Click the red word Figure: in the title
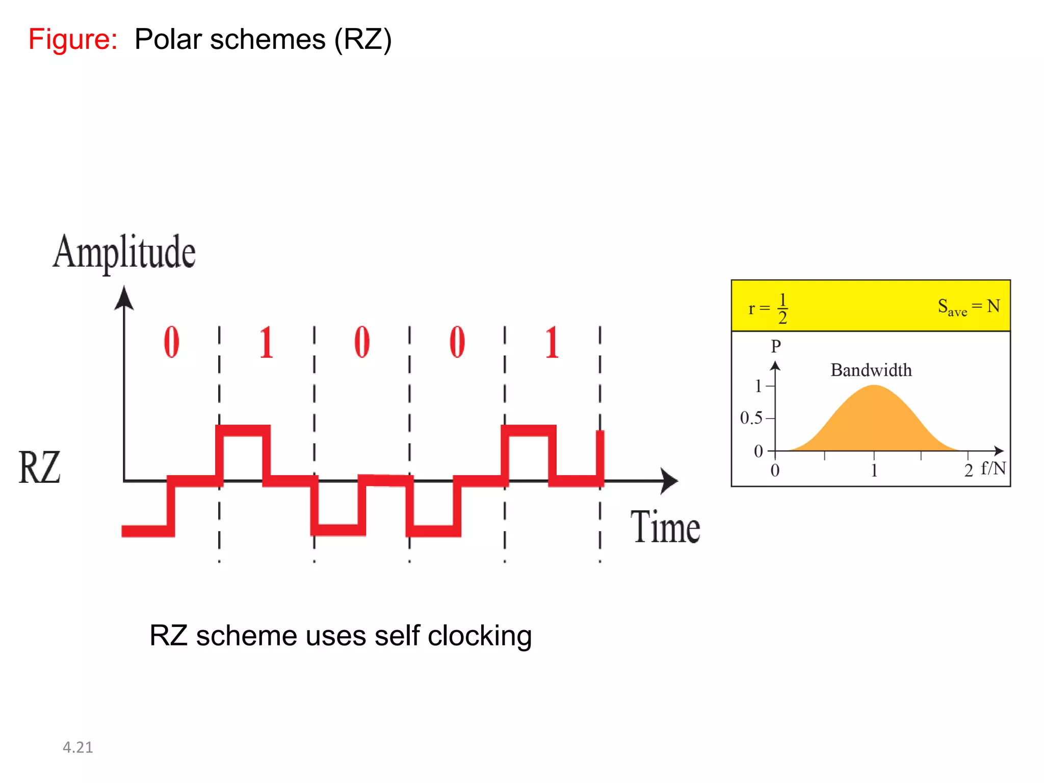point(73,39)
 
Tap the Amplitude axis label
point(124,252)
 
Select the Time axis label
point(665,527)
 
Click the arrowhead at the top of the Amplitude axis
point(124,298)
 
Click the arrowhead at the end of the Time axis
point(669,481)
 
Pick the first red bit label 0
point(171,342)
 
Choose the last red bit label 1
point(552,343)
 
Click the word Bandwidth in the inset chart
point(871,370)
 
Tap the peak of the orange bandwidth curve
point(874,386)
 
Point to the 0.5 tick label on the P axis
point(751,418)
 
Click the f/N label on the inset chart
point(993,468)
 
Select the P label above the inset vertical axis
point(775,346)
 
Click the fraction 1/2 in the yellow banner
point(782,308)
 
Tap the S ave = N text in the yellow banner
point(969,307)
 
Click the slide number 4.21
point(77,747)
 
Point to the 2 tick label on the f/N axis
point(969,471)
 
